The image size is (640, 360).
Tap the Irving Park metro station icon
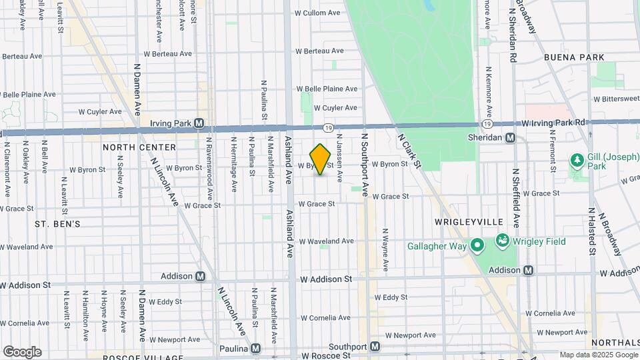(199, 123)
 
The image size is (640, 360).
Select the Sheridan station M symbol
(510, 137)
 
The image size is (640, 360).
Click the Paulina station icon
(255, 349)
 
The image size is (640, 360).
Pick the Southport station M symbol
(375, 347)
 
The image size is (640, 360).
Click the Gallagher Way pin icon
(477, 247)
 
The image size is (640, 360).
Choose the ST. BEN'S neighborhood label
(57, 225)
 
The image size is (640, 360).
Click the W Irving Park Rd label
(553, 123)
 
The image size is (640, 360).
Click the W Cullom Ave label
(319, 13)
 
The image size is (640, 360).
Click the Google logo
(22, 352)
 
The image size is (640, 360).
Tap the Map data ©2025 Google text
(597, 355)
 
